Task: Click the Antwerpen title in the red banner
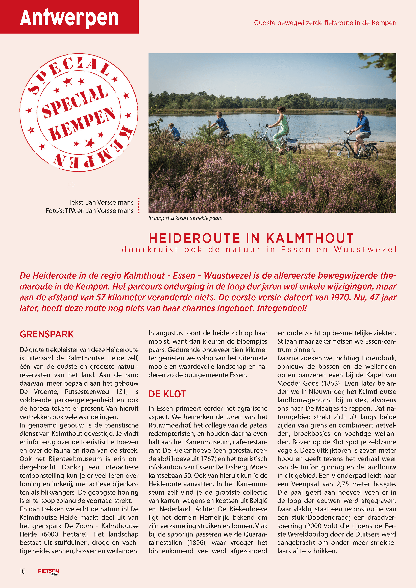(69, 17)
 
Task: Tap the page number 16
(22, 571)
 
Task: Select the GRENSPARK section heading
(47, 334)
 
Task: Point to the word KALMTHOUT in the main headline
(310, 238)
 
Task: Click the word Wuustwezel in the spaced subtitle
(365, 249)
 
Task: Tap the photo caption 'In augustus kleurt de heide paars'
(185, 218)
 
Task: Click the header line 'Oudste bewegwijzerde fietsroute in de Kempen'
(325, 23)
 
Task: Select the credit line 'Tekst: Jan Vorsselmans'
(101, 202)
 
